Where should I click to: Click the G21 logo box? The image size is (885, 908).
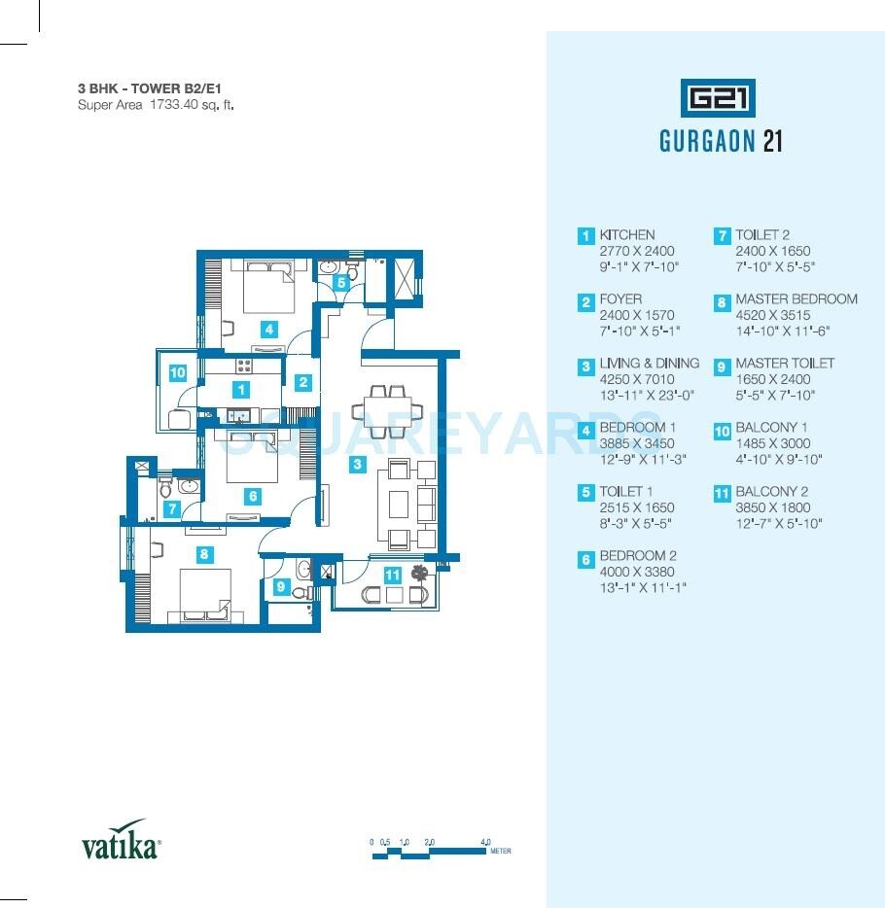point(719,98)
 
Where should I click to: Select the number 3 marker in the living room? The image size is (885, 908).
point(358,465)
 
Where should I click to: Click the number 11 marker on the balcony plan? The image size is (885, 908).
point(392,575)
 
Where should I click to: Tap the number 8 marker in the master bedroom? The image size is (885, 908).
point(203,555)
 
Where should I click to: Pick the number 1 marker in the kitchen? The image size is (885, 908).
point(241,390)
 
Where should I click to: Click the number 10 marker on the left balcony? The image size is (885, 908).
point(177,371)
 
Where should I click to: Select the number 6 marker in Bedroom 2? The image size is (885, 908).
point(253,496)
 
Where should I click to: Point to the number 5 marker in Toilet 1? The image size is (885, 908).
point(341,282)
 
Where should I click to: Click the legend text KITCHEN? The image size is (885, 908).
point(627,235)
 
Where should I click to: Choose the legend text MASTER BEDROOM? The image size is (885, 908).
point(796,299)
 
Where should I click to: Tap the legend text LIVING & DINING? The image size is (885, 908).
point(649,364)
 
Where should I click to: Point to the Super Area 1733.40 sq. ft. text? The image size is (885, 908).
point(156,104)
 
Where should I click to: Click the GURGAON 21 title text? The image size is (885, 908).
point(721,142)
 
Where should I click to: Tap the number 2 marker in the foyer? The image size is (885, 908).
point(303,382)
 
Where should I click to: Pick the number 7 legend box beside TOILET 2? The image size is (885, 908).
point(722,236)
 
